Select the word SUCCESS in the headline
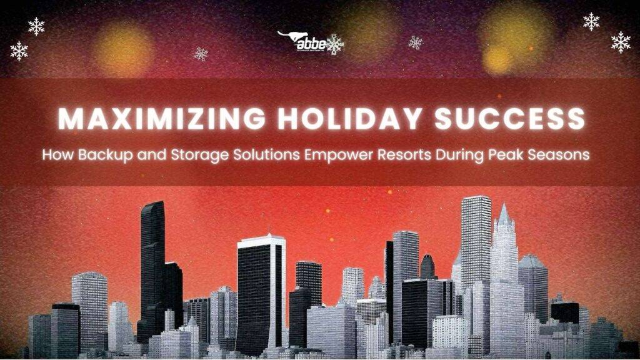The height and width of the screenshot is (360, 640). [x=510, y=119]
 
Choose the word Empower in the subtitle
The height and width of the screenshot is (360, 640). [x=330, y=155]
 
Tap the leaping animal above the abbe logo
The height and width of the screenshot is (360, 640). [x=289, y=36]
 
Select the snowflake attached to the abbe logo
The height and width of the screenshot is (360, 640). [x=335, y=44]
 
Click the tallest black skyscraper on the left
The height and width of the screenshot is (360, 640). [x=152, y=262]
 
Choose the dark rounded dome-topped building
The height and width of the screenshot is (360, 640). [x=428, y=266]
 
